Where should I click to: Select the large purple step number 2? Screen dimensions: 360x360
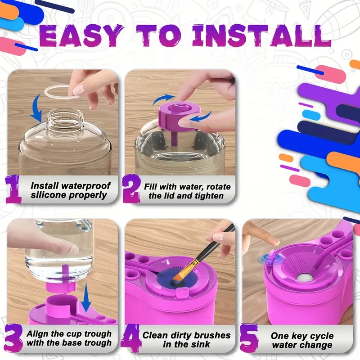(131, 189)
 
